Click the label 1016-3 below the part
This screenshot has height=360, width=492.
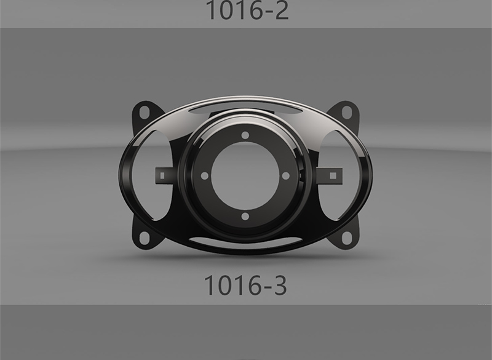point(245,285)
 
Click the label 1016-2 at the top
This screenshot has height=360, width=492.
point(247,10)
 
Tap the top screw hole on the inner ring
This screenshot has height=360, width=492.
point(245,135)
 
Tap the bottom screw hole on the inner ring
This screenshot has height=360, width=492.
point(245,216)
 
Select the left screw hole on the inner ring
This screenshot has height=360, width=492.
point(205,176)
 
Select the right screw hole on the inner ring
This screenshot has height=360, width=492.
point(286,176)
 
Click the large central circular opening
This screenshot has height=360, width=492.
point(245,176)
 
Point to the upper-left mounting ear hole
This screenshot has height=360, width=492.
point(144,113)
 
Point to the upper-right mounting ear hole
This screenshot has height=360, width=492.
point(346,113)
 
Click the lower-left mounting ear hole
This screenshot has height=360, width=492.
point(144,238)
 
